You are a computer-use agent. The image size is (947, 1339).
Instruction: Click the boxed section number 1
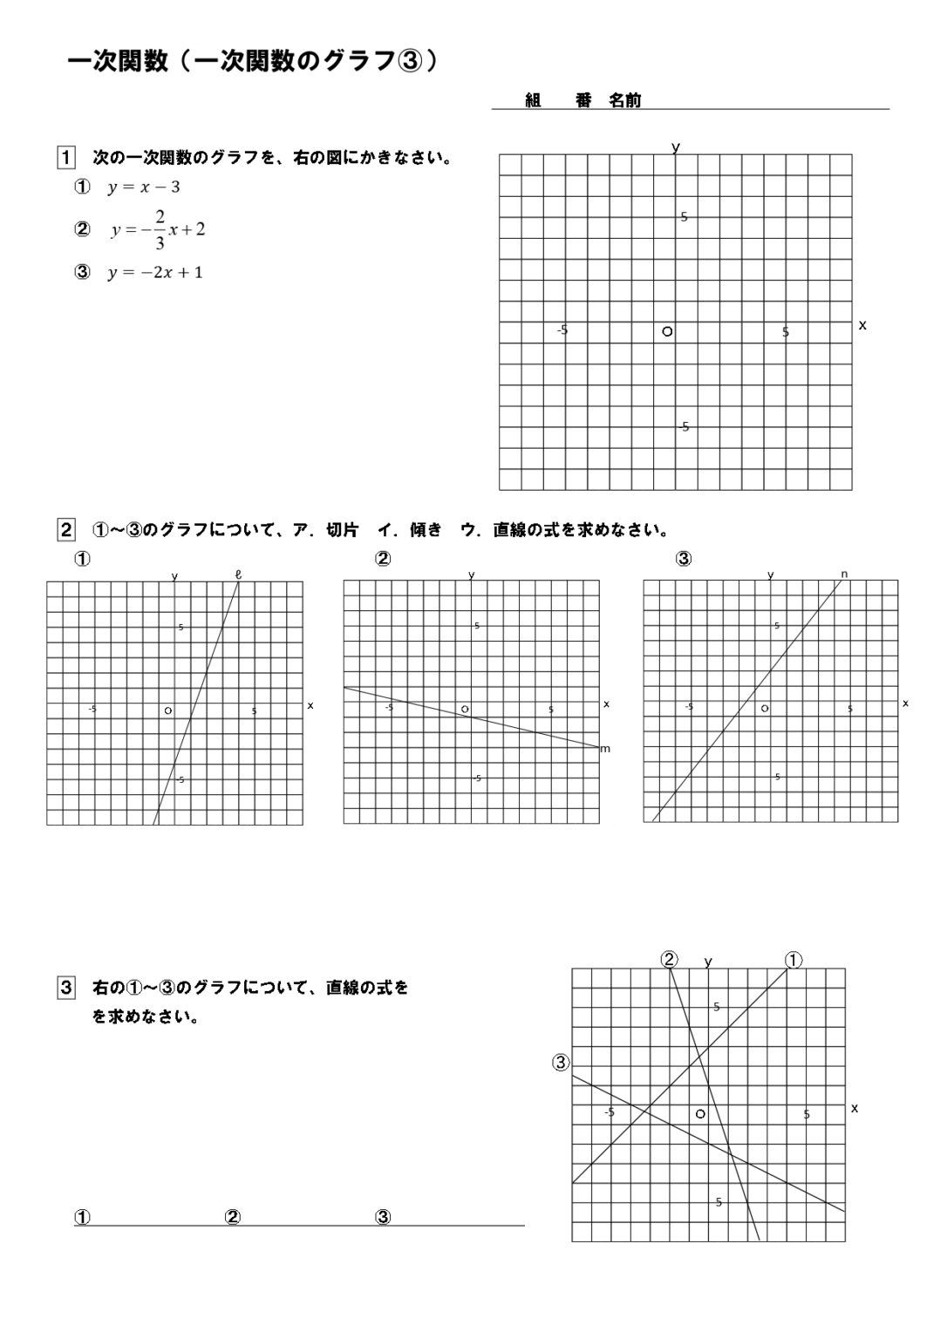(65, 159)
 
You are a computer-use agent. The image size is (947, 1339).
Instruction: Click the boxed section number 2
(65, 529)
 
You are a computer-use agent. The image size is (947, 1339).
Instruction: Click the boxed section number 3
(65, 988)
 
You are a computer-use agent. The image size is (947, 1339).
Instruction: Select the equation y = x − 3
(144, 187)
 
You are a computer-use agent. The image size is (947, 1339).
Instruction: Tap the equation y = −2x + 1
(155, 273)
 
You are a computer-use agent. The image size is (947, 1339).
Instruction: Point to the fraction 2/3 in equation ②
(160, 230)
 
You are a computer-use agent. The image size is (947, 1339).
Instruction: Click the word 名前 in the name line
(624, 101)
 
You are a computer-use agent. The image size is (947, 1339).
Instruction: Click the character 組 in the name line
(534, 101)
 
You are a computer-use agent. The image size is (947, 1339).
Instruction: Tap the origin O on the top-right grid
(667, 331)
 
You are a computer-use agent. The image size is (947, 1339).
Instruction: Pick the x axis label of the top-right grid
(862, 325)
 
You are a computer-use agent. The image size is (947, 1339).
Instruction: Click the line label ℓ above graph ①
(238, 574)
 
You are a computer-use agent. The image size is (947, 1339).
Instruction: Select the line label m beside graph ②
(605, 749)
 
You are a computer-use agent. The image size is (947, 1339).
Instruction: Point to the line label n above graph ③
(844, 574)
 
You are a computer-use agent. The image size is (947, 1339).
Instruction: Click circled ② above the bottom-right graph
(669, 960)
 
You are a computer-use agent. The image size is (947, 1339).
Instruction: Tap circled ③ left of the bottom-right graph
(561, 1062)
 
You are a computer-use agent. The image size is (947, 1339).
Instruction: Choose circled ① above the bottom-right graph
(794, 960)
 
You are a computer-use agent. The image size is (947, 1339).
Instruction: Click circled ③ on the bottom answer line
(382, 1218)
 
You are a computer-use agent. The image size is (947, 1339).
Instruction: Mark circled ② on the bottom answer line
(233, 1218)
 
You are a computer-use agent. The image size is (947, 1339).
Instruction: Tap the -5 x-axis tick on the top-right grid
(562, 330)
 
